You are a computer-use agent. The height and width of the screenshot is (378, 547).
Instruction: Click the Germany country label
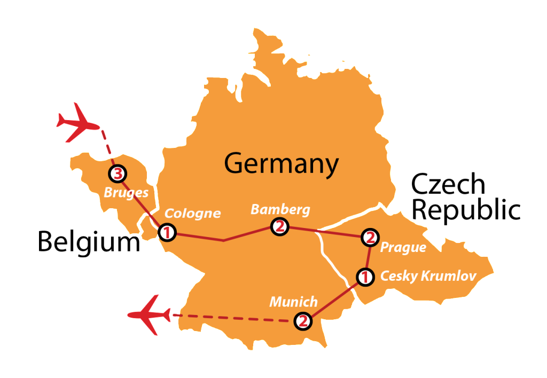[282, 163]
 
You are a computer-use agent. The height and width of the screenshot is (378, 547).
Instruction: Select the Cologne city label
[192, 213]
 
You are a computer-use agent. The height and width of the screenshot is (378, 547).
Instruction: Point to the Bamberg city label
[280, 209]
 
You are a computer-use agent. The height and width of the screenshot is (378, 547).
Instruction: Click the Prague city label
[403, 247]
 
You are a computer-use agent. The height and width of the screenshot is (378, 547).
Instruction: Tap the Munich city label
[293, 302]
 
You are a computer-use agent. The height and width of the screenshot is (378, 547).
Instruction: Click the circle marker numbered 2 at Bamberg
[279, 226]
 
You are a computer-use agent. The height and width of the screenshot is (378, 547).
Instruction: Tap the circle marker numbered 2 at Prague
[370, 237]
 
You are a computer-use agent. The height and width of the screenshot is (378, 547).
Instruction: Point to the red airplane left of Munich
[150, 314]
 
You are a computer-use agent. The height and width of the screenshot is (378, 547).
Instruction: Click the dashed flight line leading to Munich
[230, 318]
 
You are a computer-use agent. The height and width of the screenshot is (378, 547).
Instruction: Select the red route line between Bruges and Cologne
[142, 202]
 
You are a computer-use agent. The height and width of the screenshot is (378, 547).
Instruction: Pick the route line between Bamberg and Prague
[325, 232]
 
